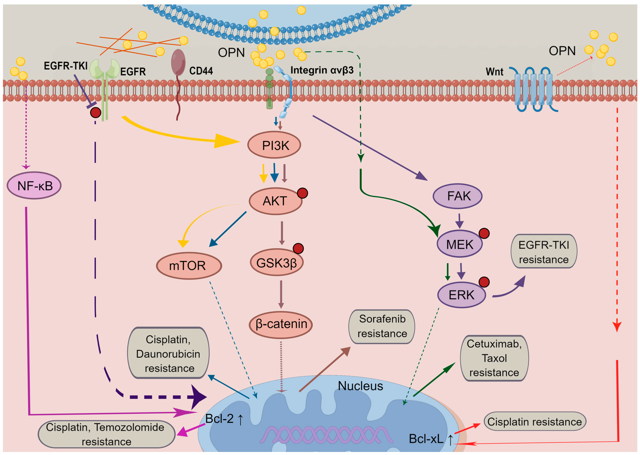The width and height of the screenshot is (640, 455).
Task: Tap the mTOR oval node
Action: point(189,265)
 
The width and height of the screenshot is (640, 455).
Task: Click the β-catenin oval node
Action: point(281,324)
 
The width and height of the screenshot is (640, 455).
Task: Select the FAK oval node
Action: point(457,196)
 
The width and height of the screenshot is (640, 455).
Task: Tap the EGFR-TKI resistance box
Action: point(544,252)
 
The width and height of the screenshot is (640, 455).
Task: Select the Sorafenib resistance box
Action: point(382,326)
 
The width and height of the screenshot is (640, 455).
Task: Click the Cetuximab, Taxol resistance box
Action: point(494,358)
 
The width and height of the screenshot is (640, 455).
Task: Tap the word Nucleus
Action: point(360,386)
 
